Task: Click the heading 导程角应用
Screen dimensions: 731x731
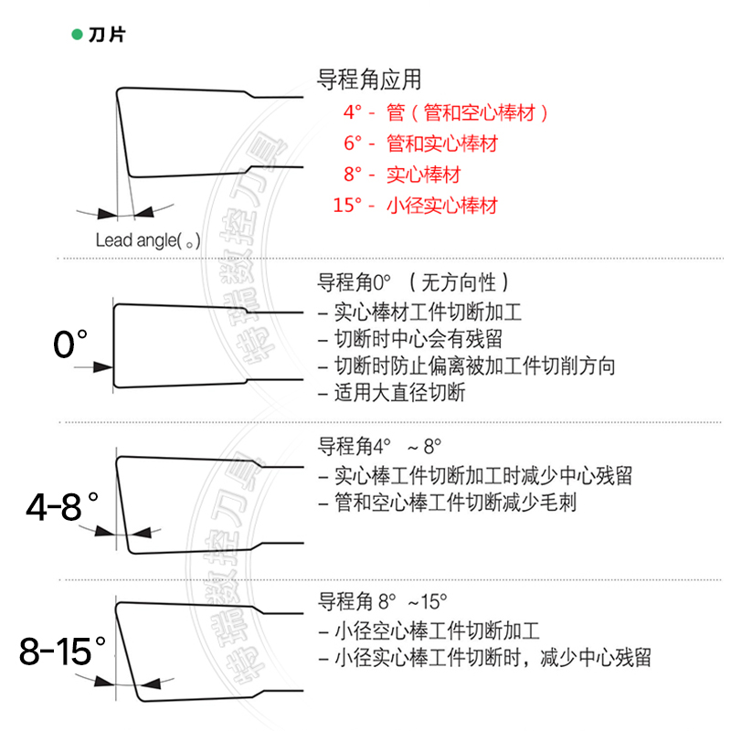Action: tap(369, 79)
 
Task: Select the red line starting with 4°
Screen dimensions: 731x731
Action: tap(446, 113)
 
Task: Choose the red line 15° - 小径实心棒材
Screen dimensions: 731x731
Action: tap(416, 205)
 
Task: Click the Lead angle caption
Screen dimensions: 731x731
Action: tap(147, 240)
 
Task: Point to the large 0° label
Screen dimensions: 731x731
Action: tap(69, 344)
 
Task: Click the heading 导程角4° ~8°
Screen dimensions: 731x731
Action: tap(379, 447)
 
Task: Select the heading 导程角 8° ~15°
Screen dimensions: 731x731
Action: tap(383, 602)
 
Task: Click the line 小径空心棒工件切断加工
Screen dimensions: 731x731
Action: tap(429, 630)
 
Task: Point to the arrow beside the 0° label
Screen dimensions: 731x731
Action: tap(90, 366)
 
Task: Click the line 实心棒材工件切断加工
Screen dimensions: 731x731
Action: tap(419, 313)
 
